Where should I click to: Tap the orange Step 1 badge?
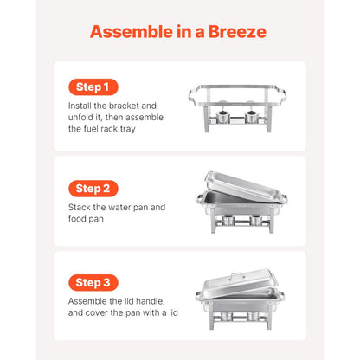click(x=92, y=87)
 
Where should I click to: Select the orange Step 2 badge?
click(x=92, y=188)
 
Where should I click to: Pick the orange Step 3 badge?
click(x=92, y=282)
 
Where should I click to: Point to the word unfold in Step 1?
click(x=82, y=117)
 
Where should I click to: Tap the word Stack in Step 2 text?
click(x=81, y=207)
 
